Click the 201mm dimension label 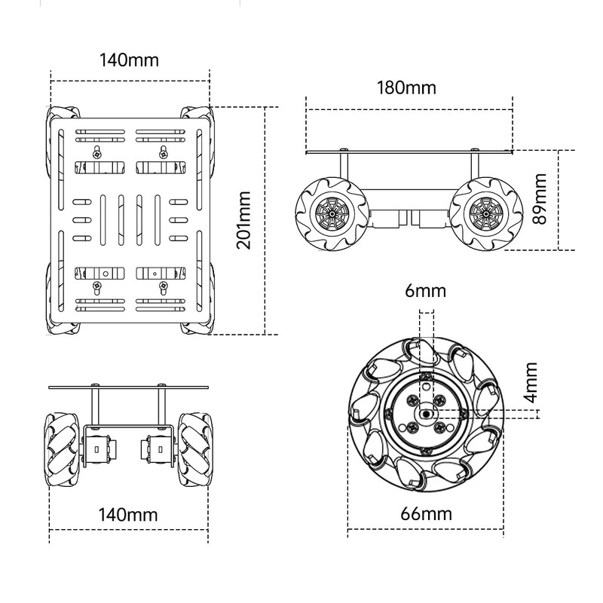pos(243,220)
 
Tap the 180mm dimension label pos(406,88)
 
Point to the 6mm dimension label pos(425,291)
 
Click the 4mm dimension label pos(531,383)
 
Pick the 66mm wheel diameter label pos(426,514)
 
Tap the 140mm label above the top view pos(129,60)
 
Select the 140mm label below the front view pos(128,515)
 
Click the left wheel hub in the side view pos(332,213)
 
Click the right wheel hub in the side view pos(485,213)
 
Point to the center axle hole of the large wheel pos(426,414)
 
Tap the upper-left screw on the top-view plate pos(97,155)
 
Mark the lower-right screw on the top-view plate pos(164,286)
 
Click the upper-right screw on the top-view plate pos(164,155)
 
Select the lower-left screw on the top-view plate pos(97,286)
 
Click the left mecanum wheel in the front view pos(63,450)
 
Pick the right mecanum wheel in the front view pos(194,450)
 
